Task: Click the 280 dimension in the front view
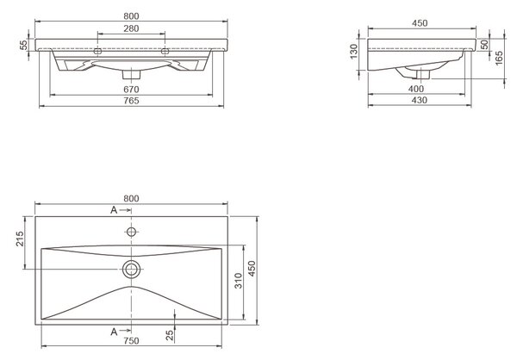[x=131, y=28]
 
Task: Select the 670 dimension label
[x=131, y=90]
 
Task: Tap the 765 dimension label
[x=131, y=101]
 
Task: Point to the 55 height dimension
[x=24, y=45]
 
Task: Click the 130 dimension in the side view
[x=354, y=52]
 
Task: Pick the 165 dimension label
[x=499, y=58]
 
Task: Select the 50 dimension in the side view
[x=484, y=45]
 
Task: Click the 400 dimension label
[x=416, y=89]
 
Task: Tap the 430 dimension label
[x=420, y=100]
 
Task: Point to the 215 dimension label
[x=20, y=239]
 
